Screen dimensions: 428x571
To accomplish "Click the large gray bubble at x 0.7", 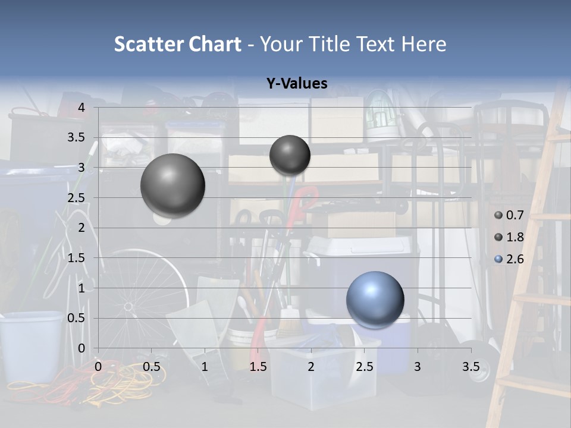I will (172, 185).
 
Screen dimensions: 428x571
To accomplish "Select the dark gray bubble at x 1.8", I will (290, 155).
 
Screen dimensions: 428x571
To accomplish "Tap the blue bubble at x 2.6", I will (375, 300).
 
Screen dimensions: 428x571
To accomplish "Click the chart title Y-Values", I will (296, 84).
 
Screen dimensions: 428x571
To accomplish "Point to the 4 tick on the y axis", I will (81, 108).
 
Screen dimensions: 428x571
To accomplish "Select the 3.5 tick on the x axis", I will (470, 367).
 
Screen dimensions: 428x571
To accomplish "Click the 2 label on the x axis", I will (311, 367).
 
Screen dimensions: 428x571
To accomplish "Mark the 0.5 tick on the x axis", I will (151, 367).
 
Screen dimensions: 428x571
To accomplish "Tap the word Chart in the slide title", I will (215, 44).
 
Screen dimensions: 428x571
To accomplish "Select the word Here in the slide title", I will (423, 44).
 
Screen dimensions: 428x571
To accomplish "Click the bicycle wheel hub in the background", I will (128, 307).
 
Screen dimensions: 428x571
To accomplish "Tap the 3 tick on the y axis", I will (81, 168).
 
